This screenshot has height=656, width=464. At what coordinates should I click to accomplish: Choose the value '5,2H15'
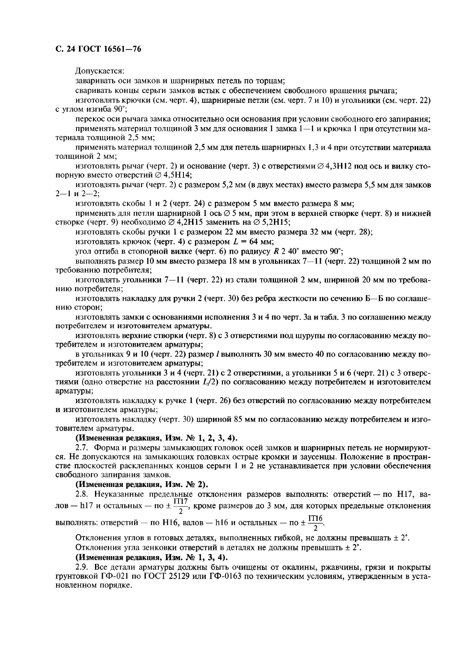click(x=275, y=223)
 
